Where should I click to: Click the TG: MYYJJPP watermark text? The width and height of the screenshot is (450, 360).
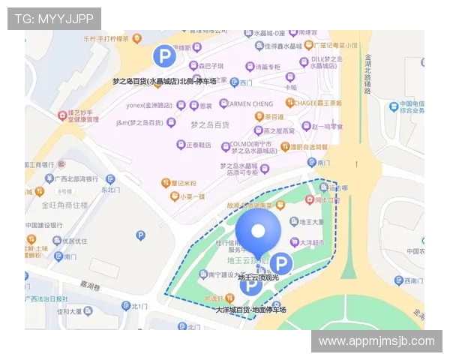coord(54,18)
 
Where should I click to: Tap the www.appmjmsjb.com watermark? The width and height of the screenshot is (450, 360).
coord(376,341)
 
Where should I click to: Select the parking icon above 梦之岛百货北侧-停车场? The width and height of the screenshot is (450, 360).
coord(163,55)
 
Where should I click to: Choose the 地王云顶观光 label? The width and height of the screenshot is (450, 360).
coord(258,277)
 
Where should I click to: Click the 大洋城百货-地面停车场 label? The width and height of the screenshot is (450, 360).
coord(250,309)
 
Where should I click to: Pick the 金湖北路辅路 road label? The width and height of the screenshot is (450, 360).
coord(367,73)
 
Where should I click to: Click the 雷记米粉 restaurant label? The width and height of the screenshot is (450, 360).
coord(184,182)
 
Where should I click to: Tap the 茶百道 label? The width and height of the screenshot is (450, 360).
coord(272,117)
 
